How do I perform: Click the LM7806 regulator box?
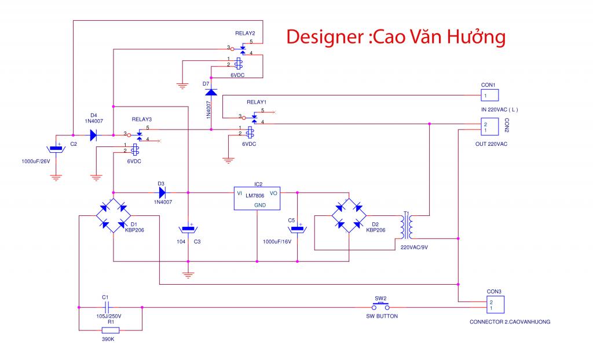click(x=257, y=198)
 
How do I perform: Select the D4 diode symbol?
click(x=93, y=135)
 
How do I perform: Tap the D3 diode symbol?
click(x=162, y=193)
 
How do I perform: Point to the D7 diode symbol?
click(x=211, y=92)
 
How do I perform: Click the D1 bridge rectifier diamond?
click(x=113, y=215)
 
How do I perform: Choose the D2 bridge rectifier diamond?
click(x=349, y=215)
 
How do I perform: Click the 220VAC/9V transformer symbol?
click(x=406, y=225)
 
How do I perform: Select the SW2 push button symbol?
click(x=380, y=306)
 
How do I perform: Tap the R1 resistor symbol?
click(x=111, y=330)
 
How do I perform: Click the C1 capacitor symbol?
click(x=107, y=307)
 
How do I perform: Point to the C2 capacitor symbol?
click(x=56, y=149)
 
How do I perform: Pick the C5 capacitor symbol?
click(x=297, y=229)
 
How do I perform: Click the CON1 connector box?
click(x=490, y=95)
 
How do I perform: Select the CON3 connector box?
click(x=495, y=305)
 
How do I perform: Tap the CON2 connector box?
click(x=490, y=127)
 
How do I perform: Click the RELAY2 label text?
click(x=245, y=33)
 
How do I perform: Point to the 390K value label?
click(x=108, y=339)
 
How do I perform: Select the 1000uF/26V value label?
click(x=35, y=161)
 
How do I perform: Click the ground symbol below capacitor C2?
click(x=56, y=177)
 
